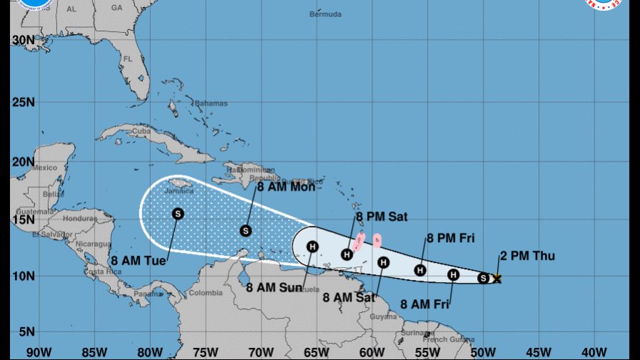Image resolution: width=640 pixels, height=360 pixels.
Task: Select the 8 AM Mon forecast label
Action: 286,186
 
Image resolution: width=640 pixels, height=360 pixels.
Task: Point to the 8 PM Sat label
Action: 381,217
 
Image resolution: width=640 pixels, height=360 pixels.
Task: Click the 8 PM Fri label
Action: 451,239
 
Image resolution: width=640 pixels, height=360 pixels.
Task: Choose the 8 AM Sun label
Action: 273,288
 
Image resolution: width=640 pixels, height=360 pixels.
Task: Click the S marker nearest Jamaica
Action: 178,213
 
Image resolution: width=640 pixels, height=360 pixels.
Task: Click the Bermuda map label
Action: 326,14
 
